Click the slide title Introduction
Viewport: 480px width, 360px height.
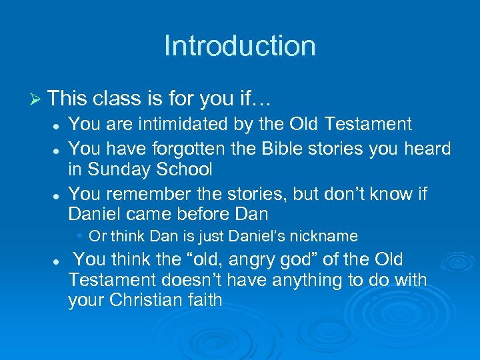point(239,46)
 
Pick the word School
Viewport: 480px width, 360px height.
point(185,169)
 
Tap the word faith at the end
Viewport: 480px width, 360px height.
point(204,300)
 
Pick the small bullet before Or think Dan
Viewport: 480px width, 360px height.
point(79,236)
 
